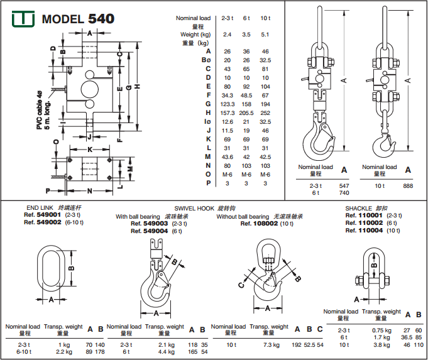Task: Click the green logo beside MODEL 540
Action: coord(23,19)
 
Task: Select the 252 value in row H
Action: coord(265,112)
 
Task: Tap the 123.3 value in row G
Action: coord(228,103)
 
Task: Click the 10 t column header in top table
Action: coord(265,19)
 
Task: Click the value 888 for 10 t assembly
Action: coord(408,186)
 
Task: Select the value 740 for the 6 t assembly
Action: coord(344,193)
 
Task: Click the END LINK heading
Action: coord(40,207)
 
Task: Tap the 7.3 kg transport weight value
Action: coord(271,345)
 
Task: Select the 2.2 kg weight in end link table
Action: coord(63,352)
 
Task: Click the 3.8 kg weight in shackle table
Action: coord(381,345)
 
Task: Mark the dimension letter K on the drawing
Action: coord(91,150)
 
